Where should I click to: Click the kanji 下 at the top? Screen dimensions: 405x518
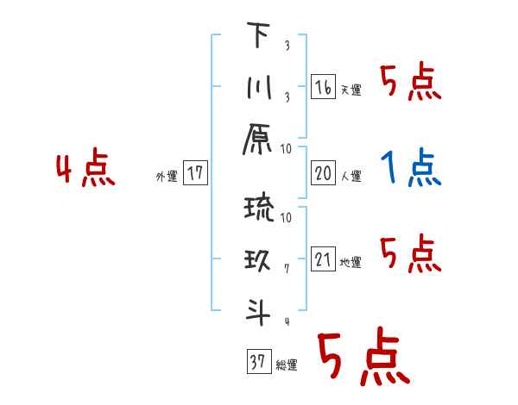coord(257,36)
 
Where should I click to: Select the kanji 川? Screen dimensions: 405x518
coord(256,88)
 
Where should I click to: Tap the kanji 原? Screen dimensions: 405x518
coord(257,140)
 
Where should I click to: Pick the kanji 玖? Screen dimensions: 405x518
coord(256,261)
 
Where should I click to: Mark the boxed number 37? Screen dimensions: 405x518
coord(258,362)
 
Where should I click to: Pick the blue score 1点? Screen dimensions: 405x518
coord(410,167)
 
